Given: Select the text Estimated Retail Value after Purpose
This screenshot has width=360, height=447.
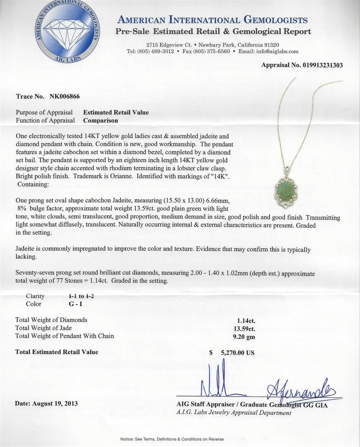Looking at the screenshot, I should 116,112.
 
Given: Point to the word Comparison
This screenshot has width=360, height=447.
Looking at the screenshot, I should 101,120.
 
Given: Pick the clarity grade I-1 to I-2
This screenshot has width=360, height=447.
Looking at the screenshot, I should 84,296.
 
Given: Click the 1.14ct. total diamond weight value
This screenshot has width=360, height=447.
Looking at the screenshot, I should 246,320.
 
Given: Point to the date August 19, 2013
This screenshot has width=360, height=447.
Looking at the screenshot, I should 46,403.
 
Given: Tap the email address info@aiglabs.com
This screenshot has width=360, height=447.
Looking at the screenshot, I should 278,51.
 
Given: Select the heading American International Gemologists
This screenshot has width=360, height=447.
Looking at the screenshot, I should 213,20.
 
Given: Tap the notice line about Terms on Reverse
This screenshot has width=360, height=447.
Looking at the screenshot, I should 172,439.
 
